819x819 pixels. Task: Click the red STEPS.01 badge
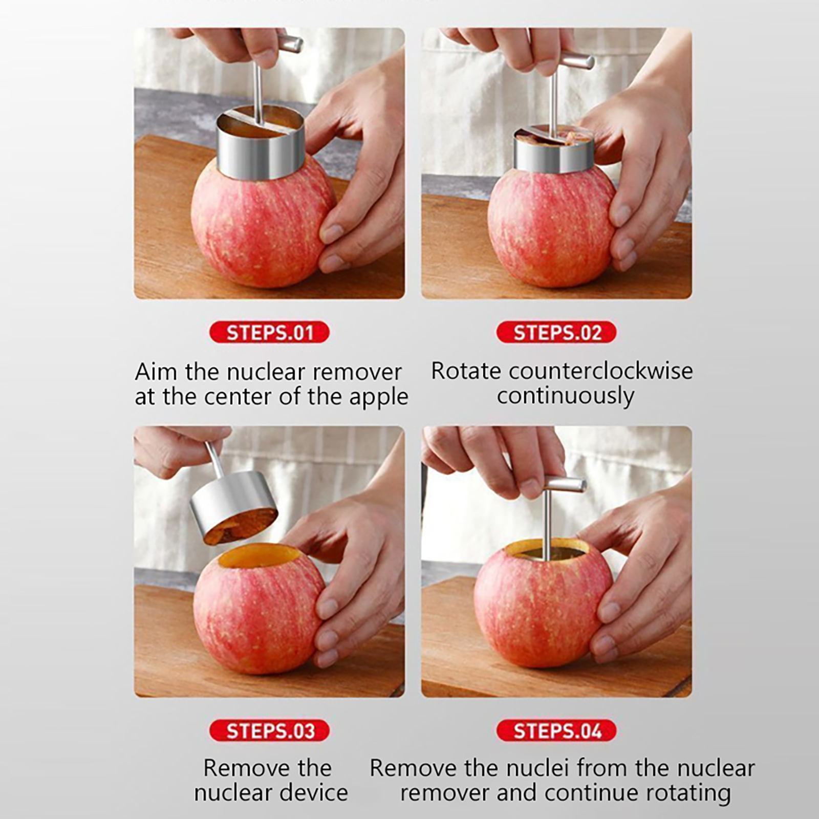point(269,333)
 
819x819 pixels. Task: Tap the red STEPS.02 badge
point(556,333)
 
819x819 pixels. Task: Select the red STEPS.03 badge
point(269,731)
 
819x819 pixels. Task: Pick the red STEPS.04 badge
point(556,731)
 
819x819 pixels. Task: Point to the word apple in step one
point(379,398)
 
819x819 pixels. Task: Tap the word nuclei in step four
point(540,768)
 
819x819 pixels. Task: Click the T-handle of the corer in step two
point(576,61)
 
